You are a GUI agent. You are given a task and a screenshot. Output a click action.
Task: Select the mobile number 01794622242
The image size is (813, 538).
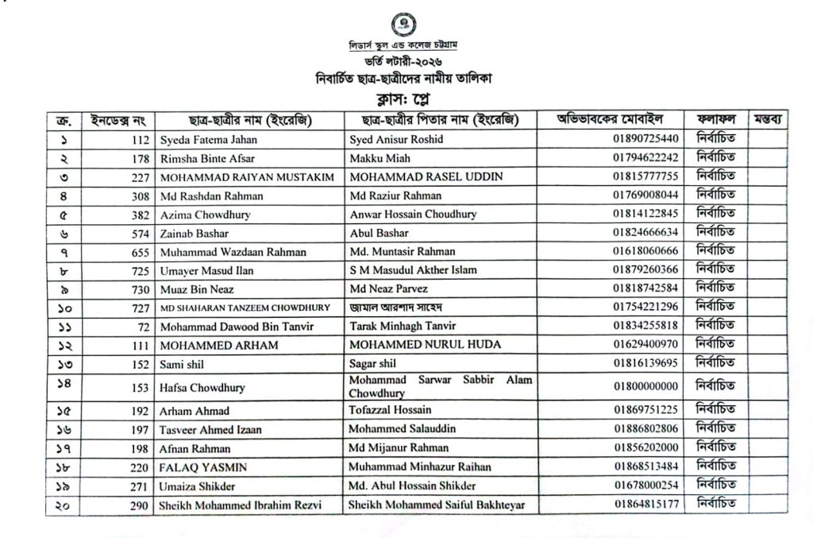coord(645,158)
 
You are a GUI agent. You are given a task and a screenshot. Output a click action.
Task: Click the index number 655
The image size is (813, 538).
coord(141,252)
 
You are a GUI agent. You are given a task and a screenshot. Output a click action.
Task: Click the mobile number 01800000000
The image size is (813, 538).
coord(645,387)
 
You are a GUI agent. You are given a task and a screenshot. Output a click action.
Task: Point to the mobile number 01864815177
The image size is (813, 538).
coord(645,504)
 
